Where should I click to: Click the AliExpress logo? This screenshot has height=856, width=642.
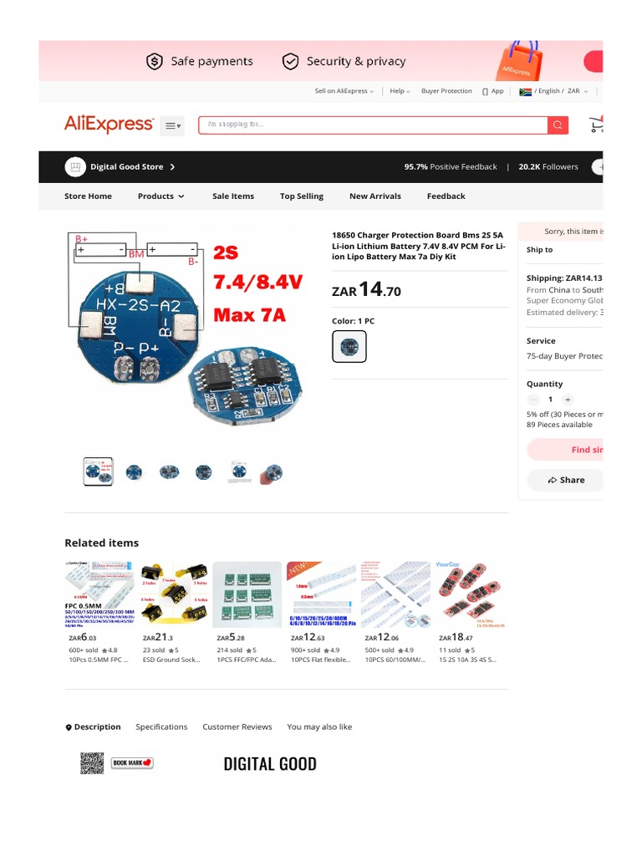tap(109, 125)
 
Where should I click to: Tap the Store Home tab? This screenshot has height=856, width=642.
tap(88, 196)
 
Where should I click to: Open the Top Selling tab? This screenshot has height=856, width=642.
tap(301, 196)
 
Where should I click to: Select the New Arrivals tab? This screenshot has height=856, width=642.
tap(374, 196)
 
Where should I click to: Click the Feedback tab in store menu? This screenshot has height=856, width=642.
tap(446, 196)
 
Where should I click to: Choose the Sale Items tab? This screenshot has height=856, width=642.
tap(232, 196)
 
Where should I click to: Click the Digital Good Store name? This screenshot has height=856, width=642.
tap(127, 167)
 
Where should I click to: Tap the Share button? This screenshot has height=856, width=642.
tap(566, 480)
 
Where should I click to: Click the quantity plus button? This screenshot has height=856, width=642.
tap(568, 400)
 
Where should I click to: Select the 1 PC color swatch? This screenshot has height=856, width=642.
tap(349, 346)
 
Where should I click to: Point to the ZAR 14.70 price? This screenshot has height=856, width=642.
tap(366, 290)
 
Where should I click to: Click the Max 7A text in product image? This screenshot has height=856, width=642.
tap(249, 315)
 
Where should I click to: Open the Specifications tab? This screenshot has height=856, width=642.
tap(161, 727)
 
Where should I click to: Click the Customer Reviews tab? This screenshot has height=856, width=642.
tap(237, 727)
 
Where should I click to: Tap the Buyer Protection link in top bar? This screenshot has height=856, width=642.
tap(446, 91)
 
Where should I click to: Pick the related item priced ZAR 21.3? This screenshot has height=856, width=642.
tap(175, 594)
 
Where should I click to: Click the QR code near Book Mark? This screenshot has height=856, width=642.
tap(92, 763)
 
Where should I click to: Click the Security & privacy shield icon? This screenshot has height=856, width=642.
tap(290, 61)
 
